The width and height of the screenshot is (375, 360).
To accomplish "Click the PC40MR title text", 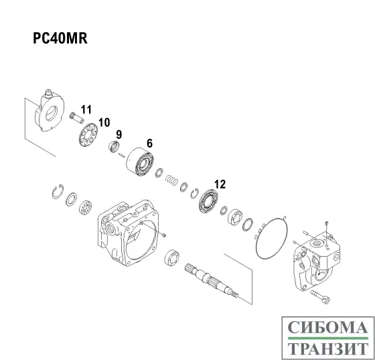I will click(x=61, y=38).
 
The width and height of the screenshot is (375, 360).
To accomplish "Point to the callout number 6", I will click(x=149, y=143).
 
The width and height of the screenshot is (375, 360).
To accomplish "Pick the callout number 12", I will click(x=220, y=183).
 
